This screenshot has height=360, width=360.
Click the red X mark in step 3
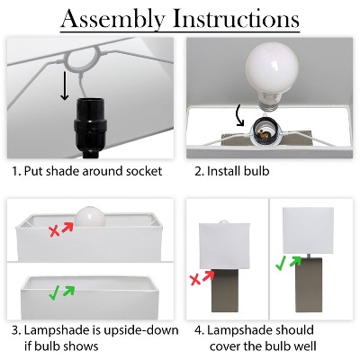(57, 230)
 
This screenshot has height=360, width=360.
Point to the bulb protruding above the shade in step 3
(88, 215)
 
